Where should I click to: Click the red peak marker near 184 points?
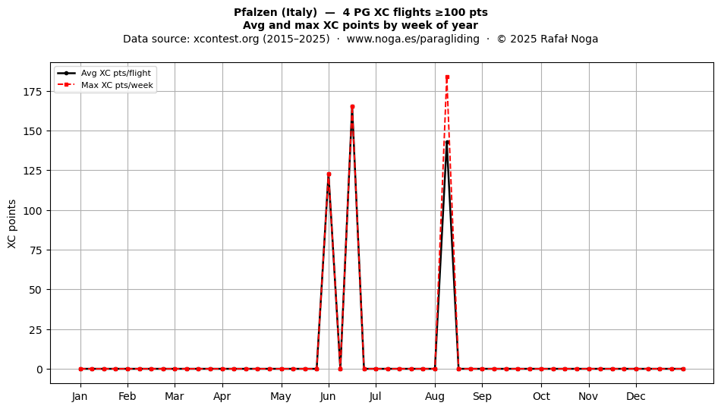(447, 77)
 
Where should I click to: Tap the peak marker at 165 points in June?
(352, 107)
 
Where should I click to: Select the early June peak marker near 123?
(329, 175)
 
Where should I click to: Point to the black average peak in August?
(447, 142)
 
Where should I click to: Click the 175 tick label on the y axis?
(32, 92)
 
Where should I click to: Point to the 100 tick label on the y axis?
(32, 210)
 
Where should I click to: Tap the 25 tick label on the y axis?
(36, 329)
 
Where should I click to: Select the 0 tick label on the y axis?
(39, 369)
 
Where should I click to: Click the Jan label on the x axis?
(80, 396)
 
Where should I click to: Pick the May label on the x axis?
(281, 396)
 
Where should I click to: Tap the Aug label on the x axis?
(435, 396)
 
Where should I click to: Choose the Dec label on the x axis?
(636, 396)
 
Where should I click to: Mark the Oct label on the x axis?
(541, 396)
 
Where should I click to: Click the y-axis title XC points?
(12, 224)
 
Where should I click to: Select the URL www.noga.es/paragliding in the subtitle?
(413, 39)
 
